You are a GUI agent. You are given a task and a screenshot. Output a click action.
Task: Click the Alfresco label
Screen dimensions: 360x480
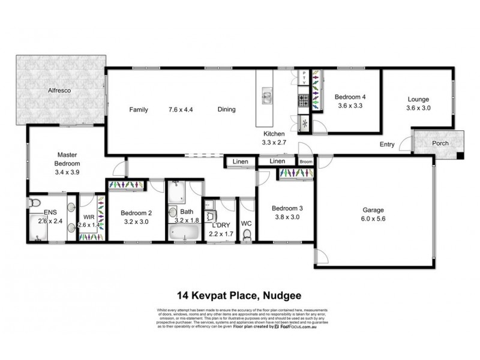click(x=60, y=91)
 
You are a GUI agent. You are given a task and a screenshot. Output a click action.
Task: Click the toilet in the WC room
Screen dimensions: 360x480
click(x=247, y=235)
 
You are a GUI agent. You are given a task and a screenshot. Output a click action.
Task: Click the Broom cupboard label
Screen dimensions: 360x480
click(x=305, y=161)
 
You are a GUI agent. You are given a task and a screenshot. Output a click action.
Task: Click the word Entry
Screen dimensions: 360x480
click(x=387, y=145)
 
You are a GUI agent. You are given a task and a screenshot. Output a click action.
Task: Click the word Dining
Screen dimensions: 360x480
click(x=226, y=110)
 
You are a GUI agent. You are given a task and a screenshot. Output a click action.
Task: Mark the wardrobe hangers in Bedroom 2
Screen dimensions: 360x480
click(x=126, y=185)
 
